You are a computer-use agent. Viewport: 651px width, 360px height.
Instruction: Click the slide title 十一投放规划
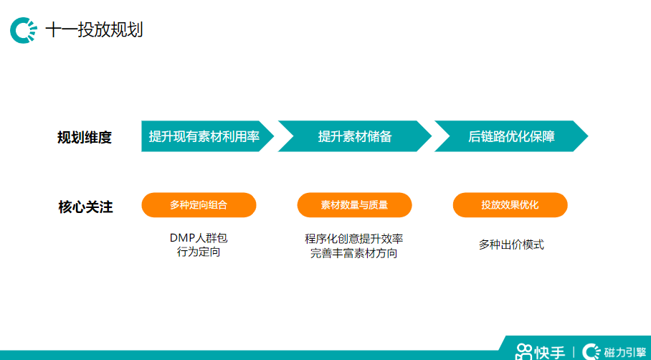(94, 30)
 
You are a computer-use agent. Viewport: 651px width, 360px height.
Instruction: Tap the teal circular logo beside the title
(23, 30)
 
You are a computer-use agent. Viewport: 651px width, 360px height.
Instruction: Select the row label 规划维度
(85, 137)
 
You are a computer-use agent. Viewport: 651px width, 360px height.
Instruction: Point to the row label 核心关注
(85, 207)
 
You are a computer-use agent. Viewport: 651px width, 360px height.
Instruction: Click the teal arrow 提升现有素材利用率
(204, 136)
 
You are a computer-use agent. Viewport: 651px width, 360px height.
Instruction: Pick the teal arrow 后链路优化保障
(511, 136)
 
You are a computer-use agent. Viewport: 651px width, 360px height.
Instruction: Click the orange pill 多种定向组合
(199, 205)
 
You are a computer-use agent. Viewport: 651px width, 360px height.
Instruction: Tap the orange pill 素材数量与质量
(354, 205)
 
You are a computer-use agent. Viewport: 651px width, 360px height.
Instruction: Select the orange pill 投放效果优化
(510, 205)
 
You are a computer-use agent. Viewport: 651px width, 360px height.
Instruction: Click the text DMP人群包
(199, 238)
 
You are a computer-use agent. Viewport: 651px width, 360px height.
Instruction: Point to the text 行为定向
(199, 252)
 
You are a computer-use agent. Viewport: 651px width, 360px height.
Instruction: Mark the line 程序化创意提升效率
(354, 239)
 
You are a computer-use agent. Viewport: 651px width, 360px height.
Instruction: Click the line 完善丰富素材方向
(354, 253)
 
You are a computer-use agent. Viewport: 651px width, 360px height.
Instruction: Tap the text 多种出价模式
(511, 245)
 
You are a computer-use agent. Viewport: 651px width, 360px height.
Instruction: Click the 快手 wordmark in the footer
(550, 352)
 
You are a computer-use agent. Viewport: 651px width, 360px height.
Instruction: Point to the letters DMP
(181, 238)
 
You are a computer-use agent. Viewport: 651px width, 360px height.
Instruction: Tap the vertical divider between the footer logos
(574, 352)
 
